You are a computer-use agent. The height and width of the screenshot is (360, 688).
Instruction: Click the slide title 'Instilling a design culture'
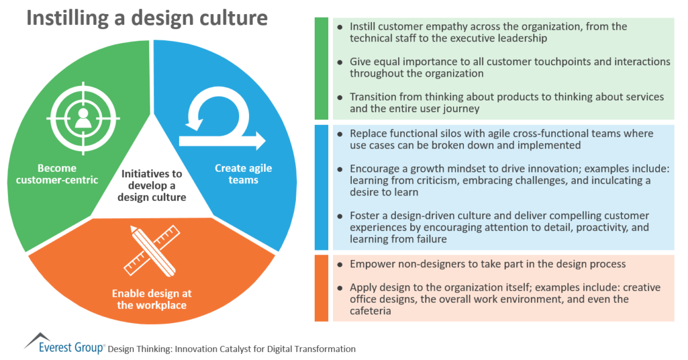pos(147,18)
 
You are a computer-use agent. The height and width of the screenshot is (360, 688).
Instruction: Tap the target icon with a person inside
pos(83,118)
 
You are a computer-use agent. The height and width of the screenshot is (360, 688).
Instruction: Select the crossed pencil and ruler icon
pos(152,251)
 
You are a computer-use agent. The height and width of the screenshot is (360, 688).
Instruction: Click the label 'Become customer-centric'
pos(57,174)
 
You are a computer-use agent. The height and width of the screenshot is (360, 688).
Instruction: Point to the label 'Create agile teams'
pos(243,174)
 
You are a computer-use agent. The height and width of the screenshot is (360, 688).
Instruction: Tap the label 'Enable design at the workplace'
pos(152,299)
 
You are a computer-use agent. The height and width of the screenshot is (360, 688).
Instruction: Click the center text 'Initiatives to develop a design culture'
pos(152,185)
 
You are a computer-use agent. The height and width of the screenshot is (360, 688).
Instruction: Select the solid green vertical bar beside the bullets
pos(321,68)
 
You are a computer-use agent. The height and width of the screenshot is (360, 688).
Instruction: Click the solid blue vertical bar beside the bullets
pos(321,188)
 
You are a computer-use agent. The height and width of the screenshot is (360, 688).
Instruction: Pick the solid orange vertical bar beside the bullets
pos(321,288)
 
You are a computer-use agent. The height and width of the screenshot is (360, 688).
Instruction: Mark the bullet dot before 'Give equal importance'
pos(340,62)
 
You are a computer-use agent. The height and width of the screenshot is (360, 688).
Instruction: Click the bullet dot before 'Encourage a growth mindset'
pos(340,169)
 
